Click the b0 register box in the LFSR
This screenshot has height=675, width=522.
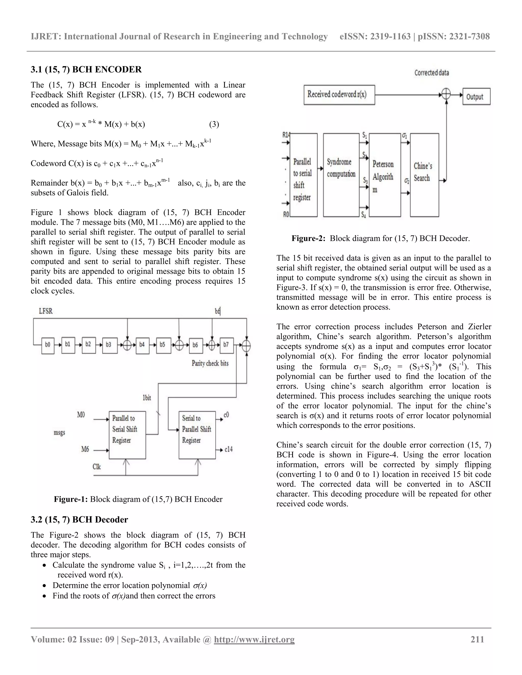[48, 345]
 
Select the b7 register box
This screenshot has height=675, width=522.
[226, 345]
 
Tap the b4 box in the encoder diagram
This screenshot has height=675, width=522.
[142, 345]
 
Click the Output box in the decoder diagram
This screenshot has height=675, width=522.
[476, 97]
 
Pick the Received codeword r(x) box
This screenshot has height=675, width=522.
[339, 94]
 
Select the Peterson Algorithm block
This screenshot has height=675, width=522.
[385, 175]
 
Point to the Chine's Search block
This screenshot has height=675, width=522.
[424, 175]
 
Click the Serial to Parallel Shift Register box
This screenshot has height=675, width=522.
[197, 435]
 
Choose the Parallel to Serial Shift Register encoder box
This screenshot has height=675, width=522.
[127, 435]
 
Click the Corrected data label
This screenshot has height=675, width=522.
[432, 73]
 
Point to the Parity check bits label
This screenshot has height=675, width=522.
[210, 363]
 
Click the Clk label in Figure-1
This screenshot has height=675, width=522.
[97, 467]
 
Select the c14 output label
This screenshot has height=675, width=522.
[229, 449]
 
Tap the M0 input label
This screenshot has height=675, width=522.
[81, 415]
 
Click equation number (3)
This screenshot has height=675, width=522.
[214, 124]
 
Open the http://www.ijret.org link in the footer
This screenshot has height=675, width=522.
[254, 639]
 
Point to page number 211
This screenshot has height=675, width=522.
[477, 639]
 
